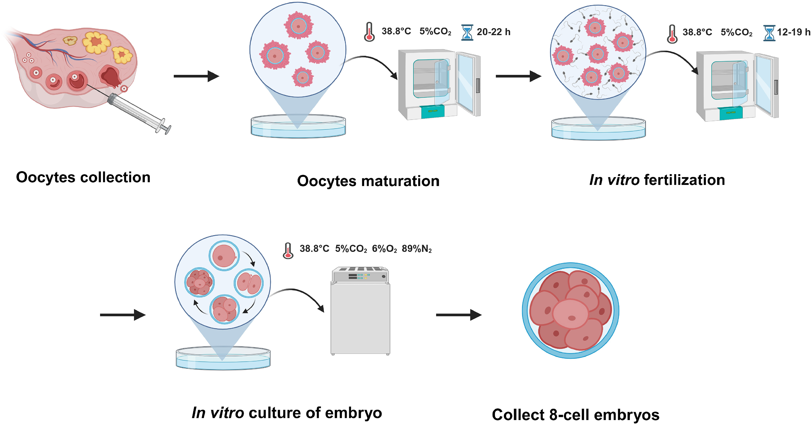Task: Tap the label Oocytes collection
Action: pyautogui.click(x=83, y=177)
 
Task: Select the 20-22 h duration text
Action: pyautogui.click(x=493, y=32)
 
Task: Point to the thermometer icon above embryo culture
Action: pyautogui.click(x=288, y=251)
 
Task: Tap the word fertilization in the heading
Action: pyautogui.click(x=684, y=180)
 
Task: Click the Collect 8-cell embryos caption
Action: pyautogui.click(x=576, y=414)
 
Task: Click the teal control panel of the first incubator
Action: pyautogui.click(x=433, y=112)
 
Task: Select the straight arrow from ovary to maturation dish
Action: pyautogui.click(x=196, y=76)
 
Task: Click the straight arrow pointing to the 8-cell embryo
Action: pyautogui.click(x=458, y=315)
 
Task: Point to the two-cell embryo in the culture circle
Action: pyautogui.click(x=249, y=283)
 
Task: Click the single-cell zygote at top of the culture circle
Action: pyautogui.click(x=224, y=256)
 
